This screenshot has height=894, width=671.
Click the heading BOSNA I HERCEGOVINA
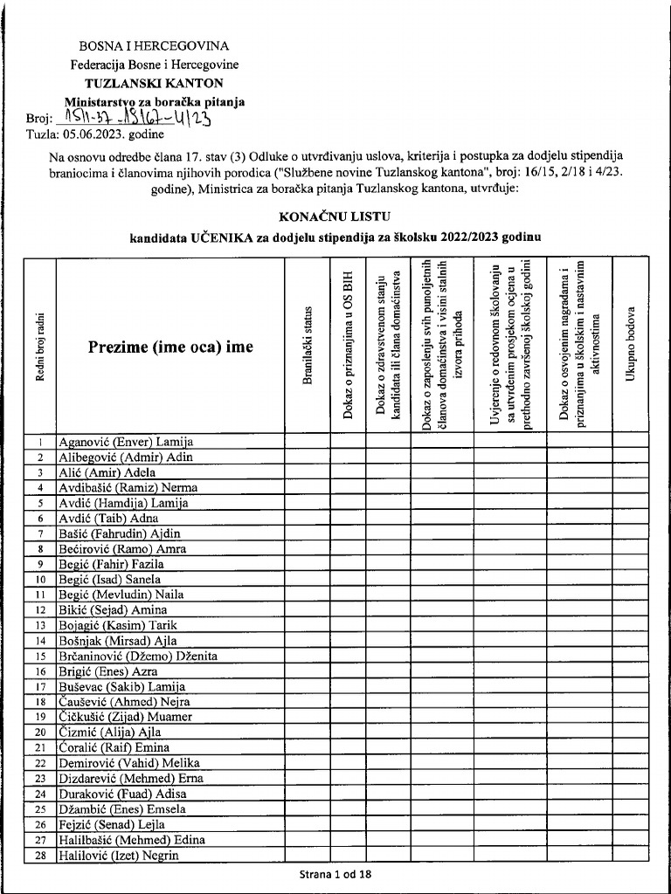pyautogui.click(x=154, y=45)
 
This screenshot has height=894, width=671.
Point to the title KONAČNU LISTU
pyautogui.click(x=335, y=215)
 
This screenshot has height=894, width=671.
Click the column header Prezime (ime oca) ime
pyautogui.click(x=170, y=347)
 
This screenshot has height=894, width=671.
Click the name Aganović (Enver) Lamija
pyautogui.click(x=125, y=442)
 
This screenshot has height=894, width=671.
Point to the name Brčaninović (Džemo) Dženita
pyautogui.click(x=137, y=656)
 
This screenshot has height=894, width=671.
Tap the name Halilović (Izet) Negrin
pyautogui.click(x=118, y=855)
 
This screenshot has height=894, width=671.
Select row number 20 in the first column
pyautogui.click(x=40, y=732)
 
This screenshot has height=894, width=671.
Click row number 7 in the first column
pyautogui.click(x=40, y=533)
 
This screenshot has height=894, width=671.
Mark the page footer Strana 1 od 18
pyautogui.click(x=335, y=875)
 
